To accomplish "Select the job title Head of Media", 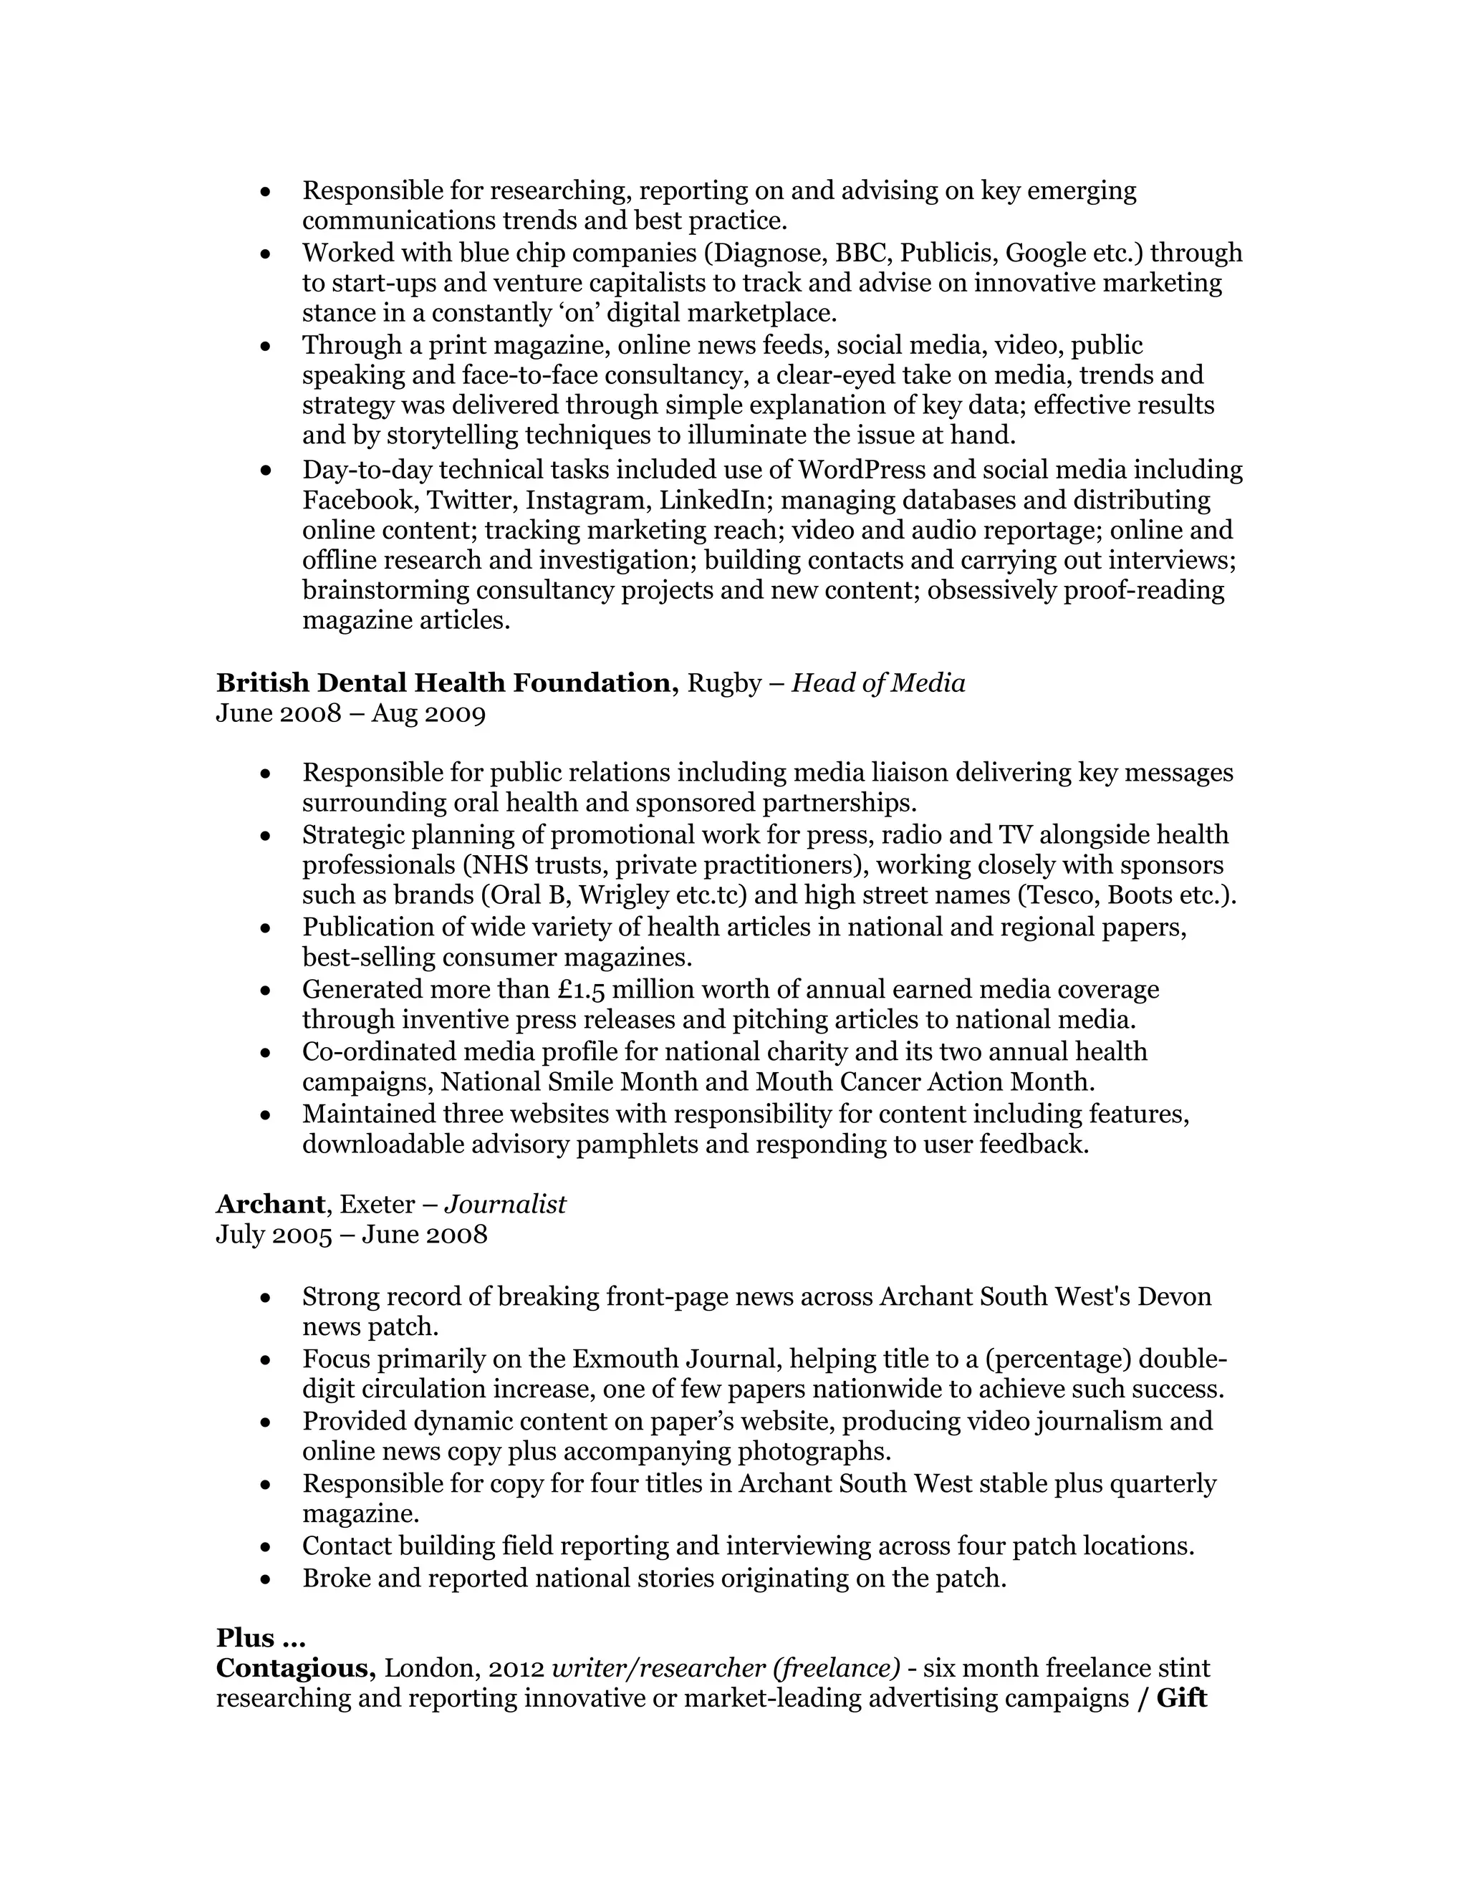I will (877, 683).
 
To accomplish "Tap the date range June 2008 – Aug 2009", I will (350, 713).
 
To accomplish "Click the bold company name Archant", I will (270, 1204).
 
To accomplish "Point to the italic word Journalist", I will (505, 1204).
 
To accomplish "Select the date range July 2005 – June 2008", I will (351, 1234).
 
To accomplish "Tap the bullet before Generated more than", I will (266, 991).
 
